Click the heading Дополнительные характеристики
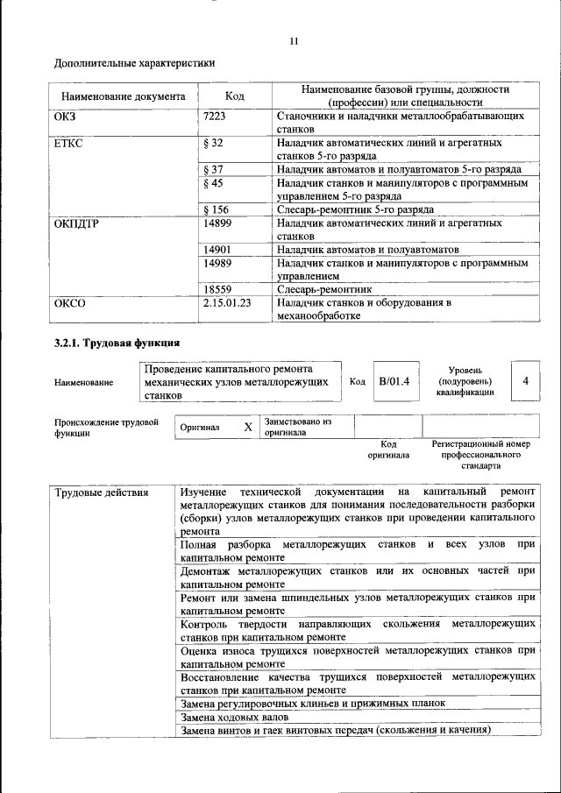coord(134,63)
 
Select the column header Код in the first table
coord(234,96)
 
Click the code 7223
coord(216,116)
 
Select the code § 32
coord(214,142)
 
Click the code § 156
coord(217,209)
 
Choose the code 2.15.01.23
coord(227,302)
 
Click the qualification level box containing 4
coord(525,381)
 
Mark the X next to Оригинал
coord(248,427)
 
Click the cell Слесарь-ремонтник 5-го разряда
coord(354,209)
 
